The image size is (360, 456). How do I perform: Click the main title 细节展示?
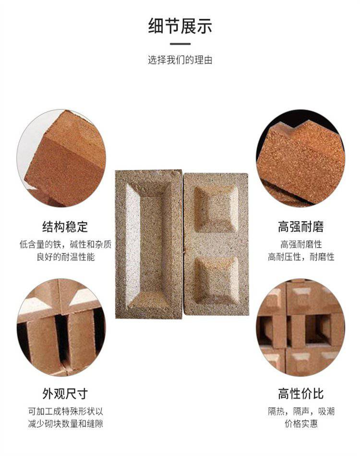pyautogui.click(x=180, y=26)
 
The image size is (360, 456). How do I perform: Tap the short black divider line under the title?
pyautogui.click(x=180, y=44)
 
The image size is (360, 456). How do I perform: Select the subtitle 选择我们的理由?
pyautogui.click(x=180, y=60)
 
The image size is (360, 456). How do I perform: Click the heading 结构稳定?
pyautogui.click(x=65, y=227)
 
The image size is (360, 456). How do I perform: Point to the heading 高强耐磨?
pyautogui.click(x=300, y=227)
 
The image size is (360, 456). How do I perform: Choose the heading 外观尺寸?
pyautogui.click(x=65, y=394)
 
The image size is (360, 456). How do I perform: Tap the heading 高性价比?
pyautogui.click(x=300, y=394)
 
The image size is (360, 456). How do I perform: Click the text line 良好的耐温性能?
pyautogui.click(x=66, y=257)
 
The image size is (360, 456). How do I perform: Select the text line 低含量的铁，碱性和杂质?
pyautogui.click(x=65, y=244)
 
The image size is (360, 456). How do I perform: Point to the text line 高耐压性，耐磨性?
pyautogui.click(x=301, y=257)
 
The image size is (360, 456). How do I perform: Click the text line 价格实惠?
pyautogui.click(x=301, y=423)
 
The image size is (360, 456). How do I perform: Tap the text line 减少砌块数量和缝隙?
pyautogui.click(x=66, y=423)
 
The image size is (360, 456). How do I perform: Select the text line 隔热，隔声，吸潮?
pyautogui.click(x=301, y=411)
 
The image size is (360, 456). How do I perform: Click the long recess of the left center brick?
pyautogui.click(x=148, y=244)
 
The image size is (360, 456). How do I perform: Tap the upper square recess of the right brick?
pyautogui.click(x=216, y=209)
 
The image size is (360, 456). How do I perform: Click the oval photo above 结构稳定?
pyautogui.click(x=61, y=158)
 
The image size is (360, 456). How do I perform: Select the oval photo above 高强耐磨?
pyautogui.click(x=300, y=158)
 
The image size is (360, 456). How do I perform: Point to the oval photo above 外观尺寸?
pyautogui.click(x=61, y=327)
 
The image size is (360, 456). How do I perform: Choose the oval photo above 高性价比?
pyautogui.click(x=300, y=327)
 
